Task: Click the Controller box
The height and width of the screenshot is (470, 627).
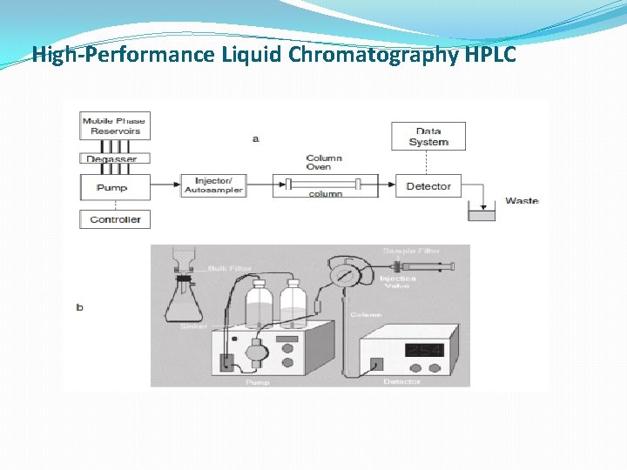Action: pyautogui.click(x=114, y=219)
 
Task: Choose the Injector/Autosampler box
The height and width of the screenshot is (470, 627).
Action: pyautogui.click(x=213, y=185)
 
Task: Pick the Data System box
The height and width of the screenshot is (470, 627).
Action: pyautogui.click(x=428, y=137)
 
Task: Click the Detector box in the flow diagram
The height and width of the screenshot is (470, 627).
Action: pyautogui.click(x=428, y=186)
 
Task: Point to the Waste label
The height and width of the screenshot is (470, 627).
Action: pyautogui.click(x=522, y=201)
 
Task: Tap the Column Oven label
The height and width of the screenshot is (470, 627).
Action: pyautogui.click(x=324, y=162)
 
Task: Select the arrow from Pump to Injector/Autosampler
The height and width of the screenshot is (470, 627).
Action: pyautogui.click(x=165, y=185)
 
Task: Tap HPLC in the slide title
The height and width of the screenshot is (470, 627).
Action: pyautogui.click(x=490, y=55)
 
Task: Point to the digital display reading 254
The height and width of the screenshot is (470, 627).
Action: pyautogui.click(x=426, y=351)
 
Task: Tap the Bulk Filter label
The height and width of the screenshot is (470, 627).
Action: pyautogui.click(x=230, y=269)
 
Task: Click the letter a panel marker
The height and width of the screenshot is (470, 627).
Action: pyautogui.click(x=255, y=139)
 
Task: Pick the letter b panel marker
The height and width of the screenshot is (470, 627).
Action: pyautogui.click(x=80, y=307)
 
